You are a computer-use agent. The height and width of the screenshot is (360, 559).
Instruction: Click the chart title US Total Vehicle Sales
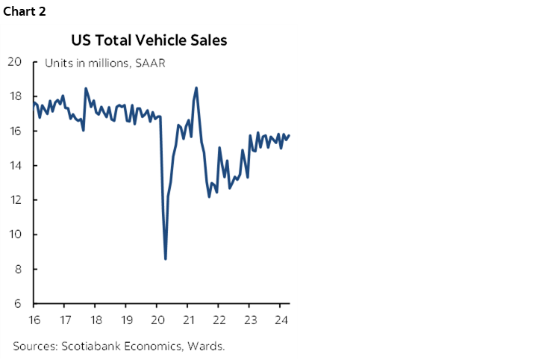[149, 40]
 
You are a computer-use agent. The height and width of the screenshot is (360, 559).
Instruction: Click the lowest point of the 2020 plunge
[165, 258]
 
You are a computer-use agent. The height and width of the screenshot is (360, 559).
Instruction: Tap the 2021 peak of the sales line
[196, 88]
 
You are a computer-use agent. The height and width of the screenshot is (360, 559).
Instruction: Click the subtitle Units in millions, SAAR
[104, 63]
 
